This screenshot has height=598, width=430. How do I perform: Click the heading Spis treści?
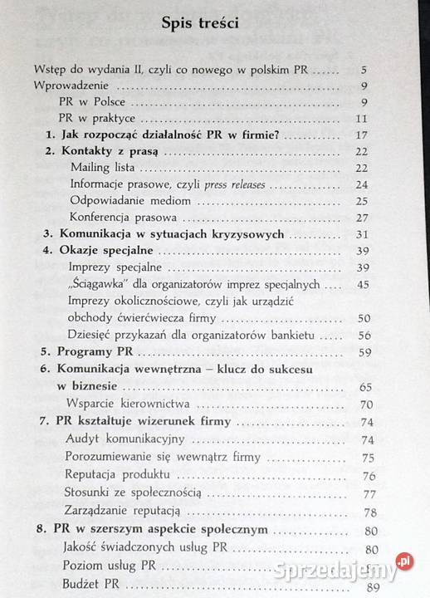pos(202,24)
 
